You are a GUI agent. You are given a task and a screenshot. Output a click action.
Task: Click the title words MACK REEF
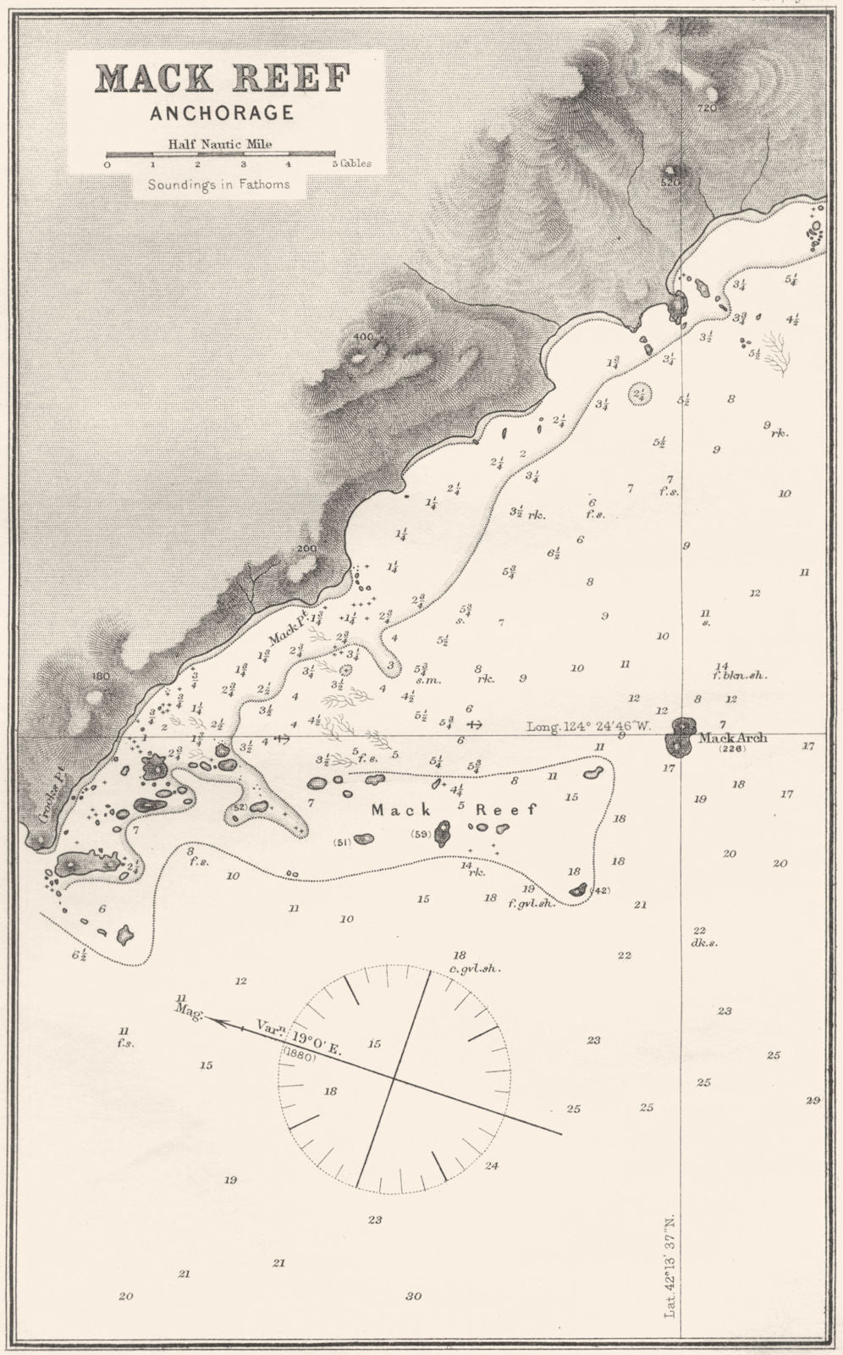point(223,79)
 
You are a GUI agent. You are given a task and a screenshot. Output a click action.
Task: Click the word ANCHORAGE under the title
point(222,113)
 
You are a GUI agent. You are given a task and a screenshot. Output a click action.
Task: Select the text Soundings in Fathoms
point(218,184)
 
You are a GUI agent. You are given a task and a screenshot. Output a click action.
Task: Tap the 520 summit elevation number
point(669,181)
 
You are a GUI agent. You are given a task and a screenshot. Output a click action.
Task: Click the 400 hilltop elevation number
point(363,337)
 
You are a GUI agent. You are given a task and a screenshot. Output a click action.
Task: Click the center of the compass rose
point(394,1078)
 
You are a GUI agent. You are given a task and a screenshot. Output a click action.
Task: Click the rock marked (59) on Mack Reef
point(441,833)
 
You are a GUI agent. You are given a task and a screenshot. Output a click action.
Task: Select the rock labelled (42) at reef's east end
point(579,889)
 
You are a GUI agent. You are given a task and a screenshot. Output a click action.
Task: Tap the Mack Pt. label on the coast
point(288,628)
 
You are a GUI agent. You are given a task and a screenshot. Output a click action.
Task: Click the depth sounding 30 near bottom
point(413,1297)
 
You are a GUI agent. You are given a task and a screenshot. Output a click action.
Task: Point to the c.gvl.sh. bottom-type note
point(472,969)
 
